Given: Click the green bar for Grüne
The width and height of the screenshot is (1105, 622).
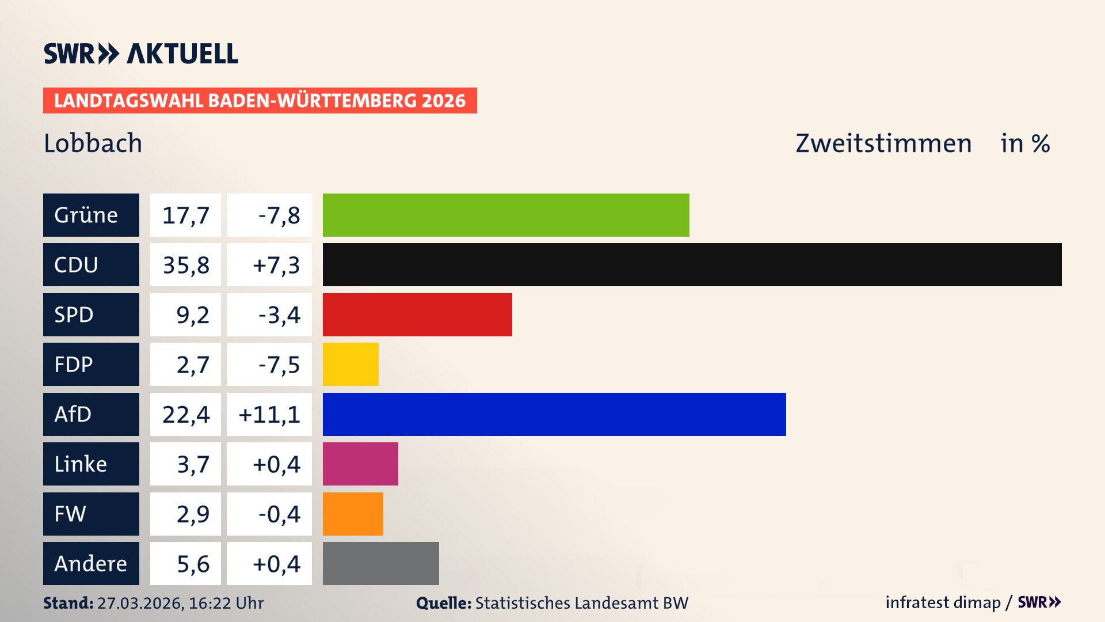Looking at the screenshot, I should [x=505, y=215].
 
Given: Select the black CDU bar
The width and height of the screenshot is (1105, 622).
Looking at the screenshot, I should [x=692, y=264].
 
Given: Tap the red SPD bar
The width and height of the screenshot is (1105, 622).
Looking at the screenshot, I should [x=417, y=314].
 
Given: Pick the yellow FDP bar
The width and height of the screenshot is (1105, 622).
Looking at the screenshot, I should [x=350, y=364].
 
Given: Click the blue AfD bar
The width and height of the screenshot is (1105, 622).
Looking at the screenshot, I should [x=554, y=414].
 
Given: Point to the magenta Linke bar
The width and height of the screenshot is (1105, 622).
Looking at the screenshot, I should [x=360, y=464].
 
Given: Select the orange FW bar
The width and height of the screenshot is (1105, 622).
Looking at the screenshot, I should [x=352, y=514].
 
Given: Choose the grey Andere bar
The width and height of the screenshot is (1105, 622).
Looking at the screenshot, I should [x=380, y=563].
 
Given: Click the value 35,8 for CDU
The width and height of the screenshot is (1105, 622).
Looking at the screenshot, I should [x=185, y=265].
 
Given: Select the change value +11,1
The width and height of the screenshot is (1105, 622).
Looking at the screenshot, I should [x=269, y=414].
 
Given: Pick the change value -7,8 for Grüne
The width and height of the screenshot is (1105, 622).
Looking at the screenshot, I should [x=279, y=215].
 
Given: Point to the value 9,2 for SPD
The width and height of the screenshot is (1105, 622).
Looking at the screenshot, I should [x=192, y=315].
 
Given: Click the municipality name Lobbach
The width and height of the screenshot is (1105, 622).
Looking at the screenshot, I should [x=93, y=143].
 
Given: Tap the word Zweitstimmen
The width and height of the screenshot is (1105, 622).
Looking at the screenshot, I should [x=883, y=143].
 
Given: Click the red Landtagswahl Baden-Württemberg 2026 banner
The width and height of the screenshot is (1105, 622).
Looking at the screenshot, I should [x=260, y=100].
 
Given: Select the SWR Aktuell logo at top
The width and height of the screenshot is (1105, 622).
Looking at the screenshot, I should [x=140, y=54].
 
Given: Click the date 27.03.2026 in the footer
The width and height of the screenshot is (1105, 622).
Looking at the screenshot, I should [x=140, y=603].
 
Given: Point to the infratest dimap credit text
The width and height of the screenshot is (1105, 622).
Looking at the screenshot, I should [x=942, y=602].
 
